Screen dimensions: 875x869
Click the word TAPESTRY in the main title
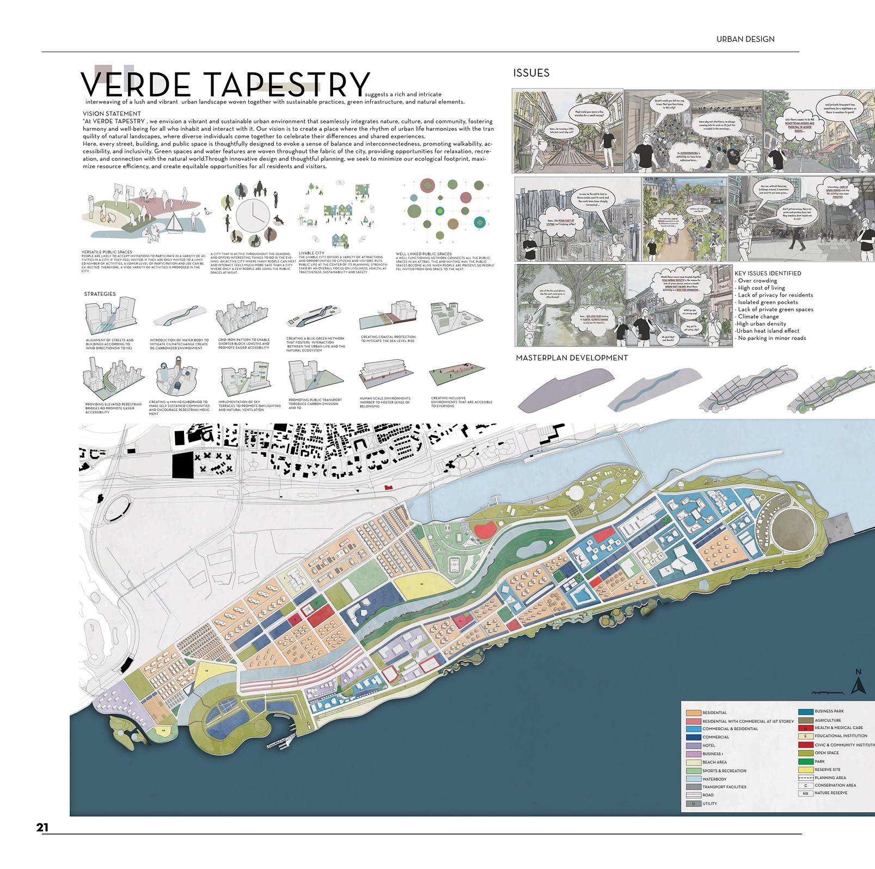288,85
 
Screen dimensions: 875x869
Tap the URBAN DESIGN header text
745,39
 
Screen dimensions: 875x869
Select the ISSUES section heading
531,73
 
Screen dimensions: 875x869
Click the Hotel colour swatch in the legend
693,745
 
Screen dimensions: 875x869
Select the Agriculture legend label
828,720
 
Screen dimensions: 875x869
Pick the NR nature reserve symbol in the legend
805,793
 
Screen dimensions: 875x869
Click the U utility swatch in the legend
693,803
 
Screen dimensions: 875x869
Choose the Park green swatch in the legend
805,761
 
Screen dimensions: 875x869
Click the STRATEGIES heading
100,294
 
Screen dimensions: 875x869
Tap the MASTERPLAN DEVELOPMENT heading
571,358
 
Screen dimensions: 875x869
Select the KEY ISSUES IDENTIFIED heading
767,273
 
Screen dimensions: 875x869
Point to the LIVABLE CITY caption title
311,253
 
